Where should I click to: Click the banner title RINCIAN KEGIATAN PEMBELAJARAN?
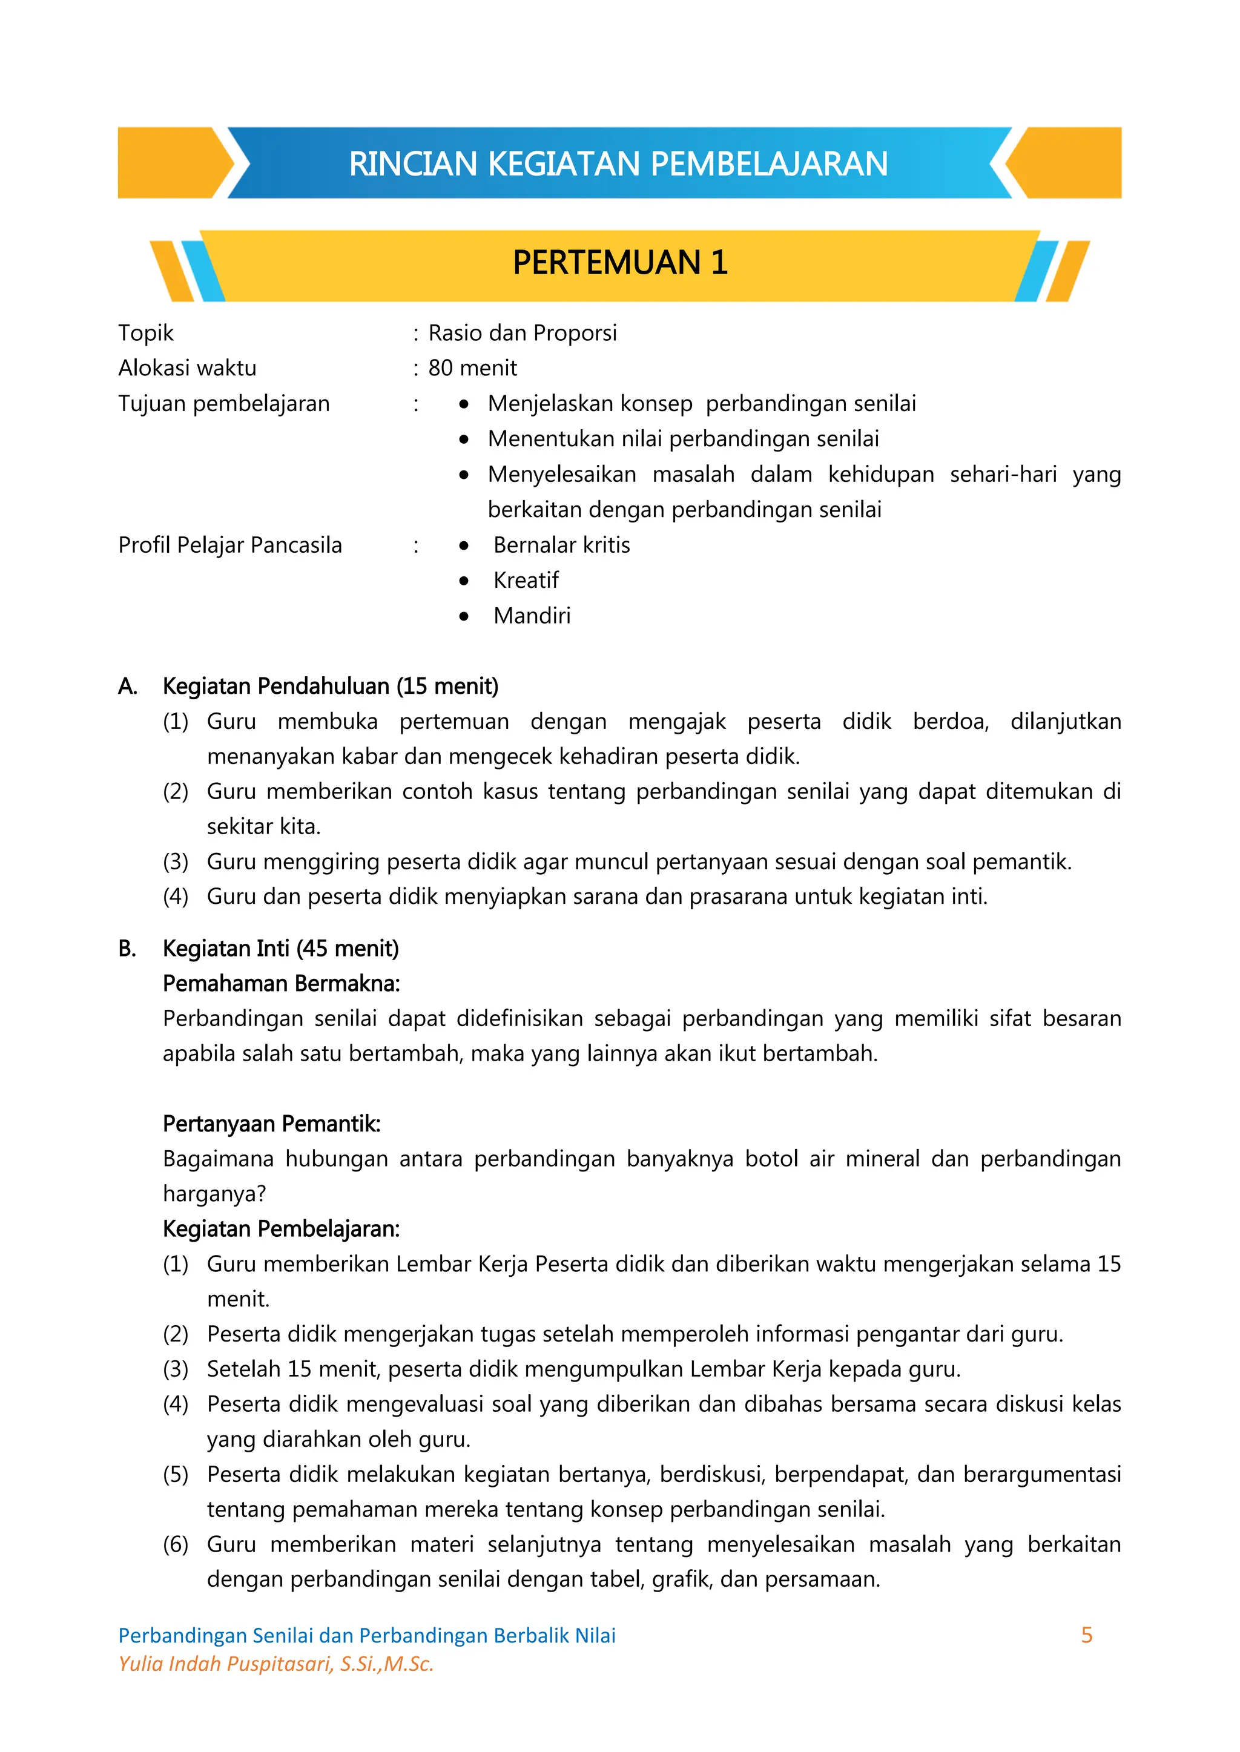click(618, 164)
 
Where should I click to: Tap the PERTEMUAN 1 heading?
click(619, 263)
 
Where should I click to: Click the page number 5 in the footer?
click(1087, 1635)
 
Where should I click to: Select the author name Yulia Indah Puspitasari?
click(275, 1664)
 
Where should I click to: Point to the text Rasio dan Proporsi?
click(523, 333)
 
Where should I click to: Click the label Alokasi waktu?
click(187, 368)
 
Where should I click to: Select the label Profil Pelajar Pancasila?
click(230, 545)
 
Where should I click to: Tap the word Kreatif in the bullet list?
click(526, 580)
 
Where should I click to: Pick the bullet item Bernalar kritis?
click(561, 545)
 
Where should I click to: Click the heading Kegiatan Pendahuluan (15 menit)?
click(330, 687)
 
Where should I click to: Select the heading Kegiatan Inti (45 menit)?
click(280, 949)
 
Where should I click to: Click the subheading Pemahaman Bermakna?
click(281, 984)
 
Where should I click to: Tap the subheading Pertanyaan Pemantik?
click(271, 1124)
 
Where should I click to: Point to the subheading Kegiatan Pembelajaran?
click(281, 1229)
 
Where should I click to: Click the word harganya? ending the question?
click(214, 1194)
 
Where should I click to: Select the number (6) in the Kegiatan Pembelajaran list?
click(176, 1544)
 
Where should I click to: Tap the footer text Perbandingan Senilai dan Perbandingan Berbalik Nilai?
click(366, 1635)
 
